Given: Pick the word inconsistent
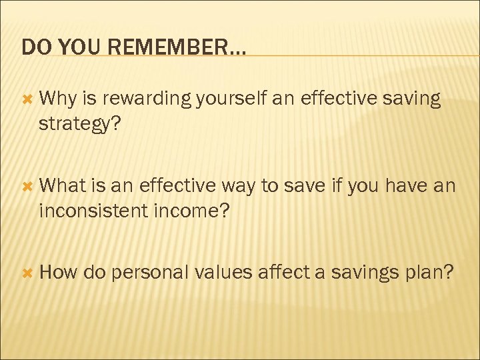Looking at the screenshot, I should click(x=95, y=211).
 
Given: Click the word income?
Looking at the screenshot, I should click(x=193, y=211).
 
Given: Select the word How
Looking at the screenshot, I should click(x=59, y=273).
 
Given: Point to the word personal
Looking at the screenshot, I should click(x=152, y=273).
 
